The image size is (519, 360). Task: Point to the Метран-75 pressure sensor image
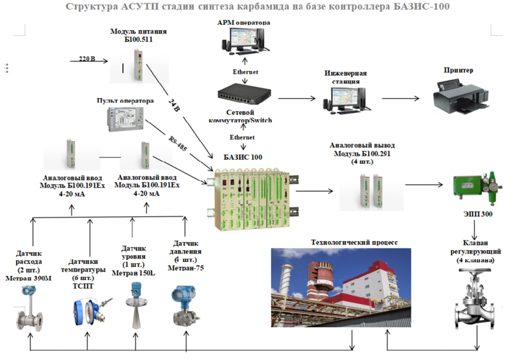185,306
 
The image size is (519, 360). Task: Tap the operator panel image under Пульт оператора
125,120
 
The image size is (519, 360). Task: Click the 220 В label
87,59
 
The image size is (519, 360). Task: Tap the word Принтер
459,70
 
